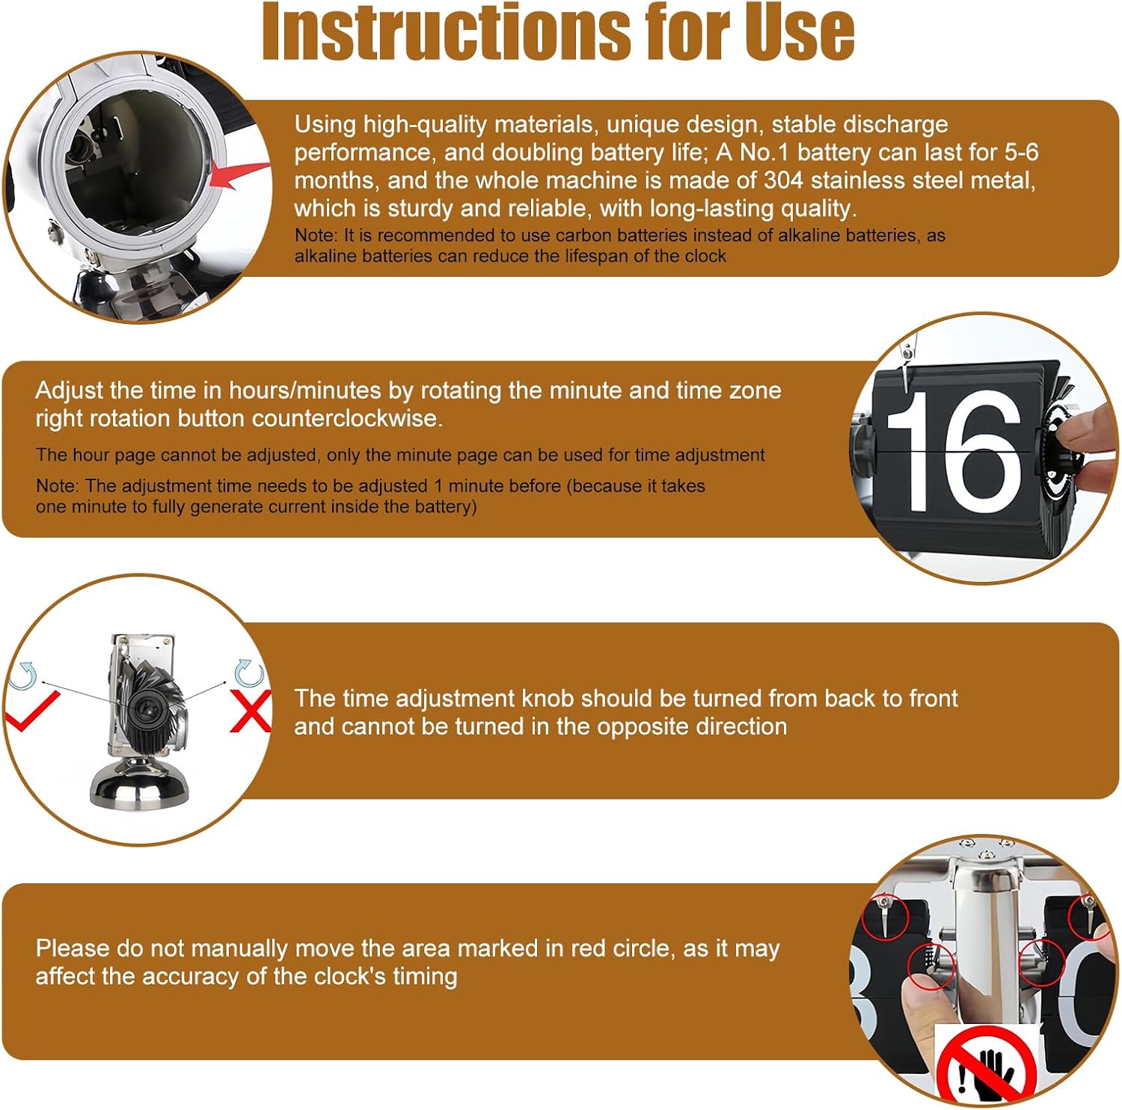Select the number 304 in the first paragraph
click(783, 180)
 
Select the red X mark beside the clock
click(250, 711)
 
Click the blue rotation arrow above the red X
click(248, 673)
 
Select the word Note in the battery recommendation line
click(314, 235)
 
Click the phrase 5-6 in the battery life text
click(1021, 152)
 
